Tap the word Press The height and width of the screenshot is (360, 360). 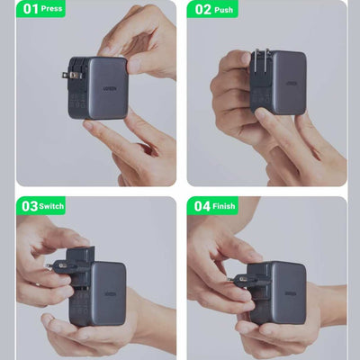pos(51,10)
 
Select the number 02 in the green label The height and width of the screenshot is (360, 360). pos(201,10)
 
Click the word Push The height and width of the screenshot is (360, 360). pos(223,10)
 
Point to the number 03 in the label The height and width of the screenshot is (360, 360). pos(29,206)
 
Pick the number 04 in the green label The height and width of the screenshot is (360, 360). pos(202,206)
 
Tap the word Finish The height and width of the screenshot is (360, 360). pos(226,206)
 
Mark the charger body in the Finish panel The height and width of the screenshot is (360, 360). pos(281,292)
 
